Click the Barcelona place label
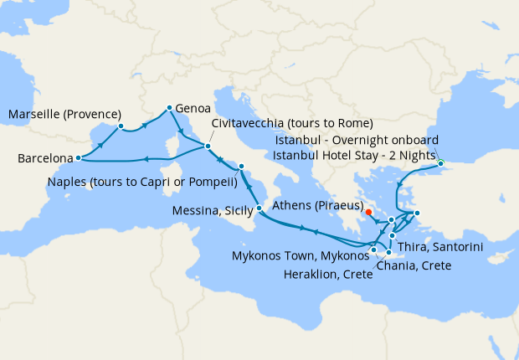coord(41,158)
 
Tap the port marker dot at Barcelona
coord(78,157)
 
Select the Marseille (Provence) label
coord(64,114)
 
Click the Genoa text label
coord(193,108)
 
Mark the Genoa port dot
coord(170,107)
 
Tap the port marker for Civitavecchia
coord(208,147)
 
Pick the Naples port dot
coord(241,166)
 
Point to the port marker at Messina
coord(259,208)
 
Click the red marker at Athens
coord(369,212)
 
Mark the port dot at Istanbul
coord(440,163)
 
